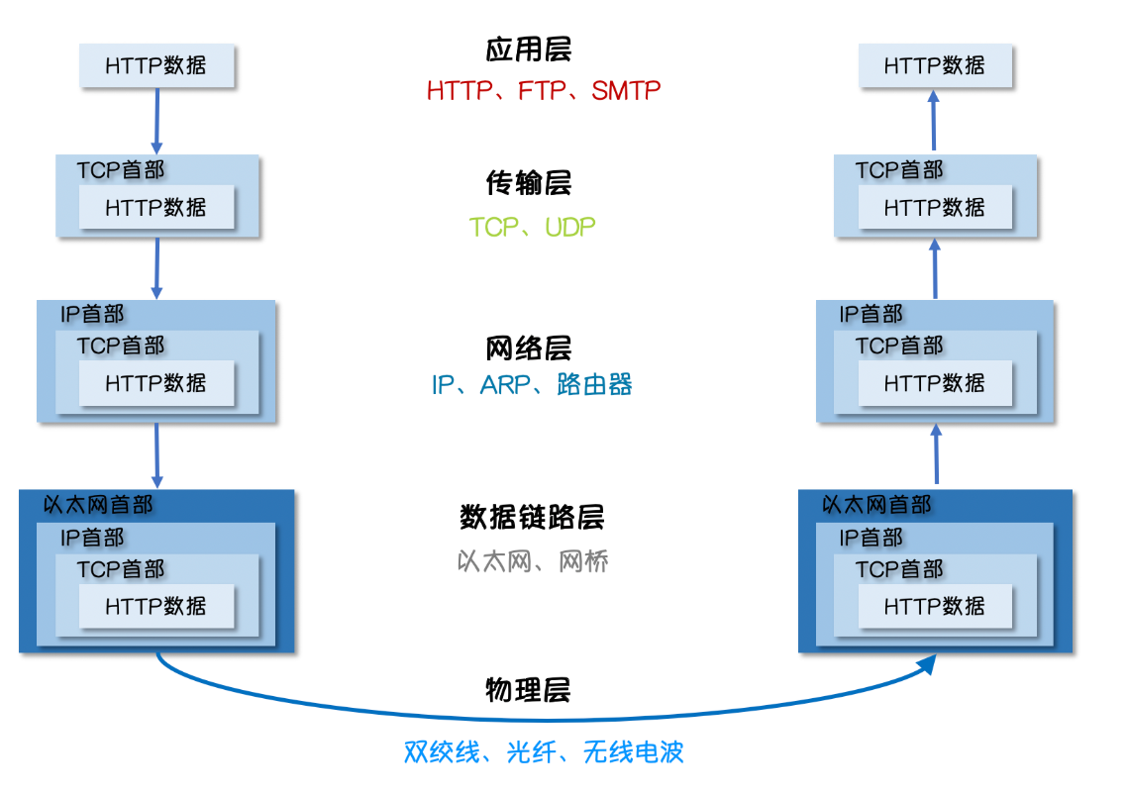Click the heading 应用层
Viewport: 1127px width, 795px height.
529,50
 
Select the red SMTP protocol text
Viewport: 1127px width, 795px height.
626,91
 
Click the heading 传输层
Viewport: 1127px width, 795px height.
529,183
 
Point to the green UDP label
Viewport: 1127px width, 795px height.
570,228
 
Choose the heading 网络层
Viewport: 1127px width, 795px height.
529,348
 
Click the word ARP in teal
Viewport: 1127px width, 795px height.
506,385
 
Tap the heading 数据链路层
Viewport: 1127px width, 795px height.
532,517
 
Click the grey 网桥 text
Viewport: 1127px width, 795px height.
583,562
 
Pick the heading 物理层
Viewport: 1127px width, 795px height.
529,690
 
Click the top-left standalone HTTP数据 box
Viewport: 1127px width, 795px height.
156,66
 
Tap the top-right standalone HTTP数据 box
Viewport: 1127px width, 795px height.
935,66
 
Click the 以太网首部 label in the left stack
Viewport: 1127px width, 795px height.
99,505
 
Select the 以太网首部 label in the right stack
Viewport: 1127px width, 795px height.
877,505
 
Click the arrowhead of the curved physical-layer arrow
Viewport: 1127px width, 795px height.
928,664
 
